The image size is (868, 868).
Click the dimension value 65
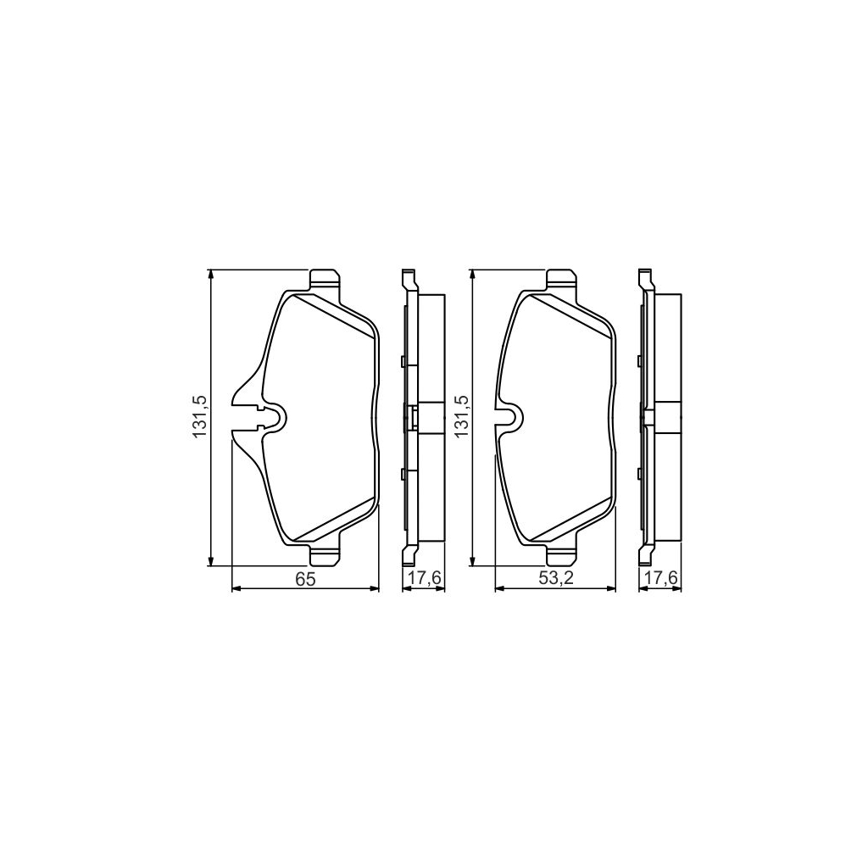(305, 579)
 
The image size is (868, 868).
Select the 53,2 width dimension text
(554, 579)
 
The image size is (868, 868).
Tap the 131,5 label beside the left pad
(200, 416)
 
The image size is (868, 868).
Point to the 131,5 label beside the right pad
(462, 416)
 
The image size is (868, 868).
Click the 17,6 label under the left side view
(422, 579)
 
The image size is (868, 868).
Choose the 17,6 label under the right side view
(659, 579)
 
